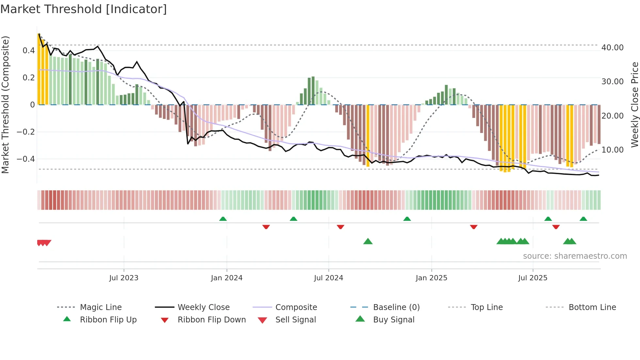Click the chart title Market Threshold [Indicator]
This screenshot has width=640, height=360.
84,9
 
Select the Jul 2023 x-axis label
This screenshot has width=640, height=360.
124,278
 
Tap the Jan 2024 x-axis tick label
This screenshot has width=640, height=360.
227,278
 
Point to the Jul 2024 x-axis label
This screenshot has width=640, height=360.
328,278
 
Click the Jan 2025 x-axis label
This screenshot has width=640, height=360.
431,278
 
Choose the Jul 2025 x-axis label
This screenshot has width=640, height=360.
533,278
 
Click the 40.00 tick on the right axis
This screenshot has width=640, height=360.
612,48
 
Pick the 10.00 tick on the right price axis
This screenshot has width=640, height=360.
612,150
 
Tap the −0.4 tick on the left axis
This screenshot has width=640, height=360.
25,159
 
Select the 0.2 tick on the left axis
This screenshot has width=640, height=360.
28,78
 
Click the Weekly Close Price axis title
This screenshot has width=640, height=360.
634,105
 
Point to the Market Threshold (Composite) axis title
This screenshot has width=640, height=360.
5,105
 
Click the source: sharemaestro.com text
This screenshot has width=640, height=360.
575,256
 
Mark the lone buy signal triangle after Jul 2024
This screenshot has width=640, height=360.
368,241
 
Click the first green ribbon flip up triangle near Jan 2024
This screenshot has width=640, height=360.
223,219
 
